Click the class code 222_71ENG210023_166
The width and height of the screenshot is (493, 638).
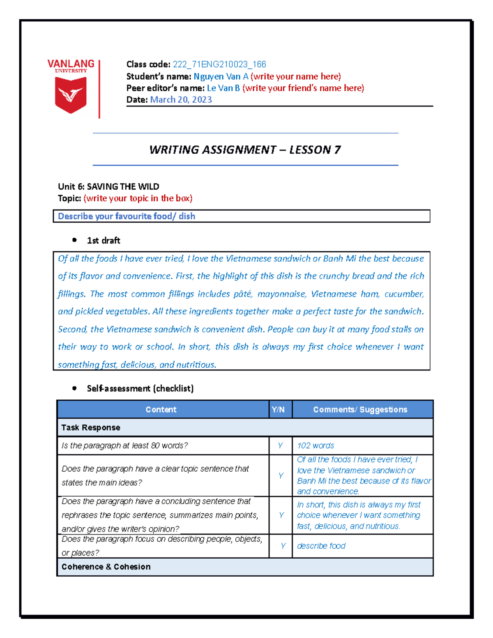tap(219, 64)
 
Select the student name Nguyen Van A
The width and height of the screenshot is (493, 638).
tap(221, 76)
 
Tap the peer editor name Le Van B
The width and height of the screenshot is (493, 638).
tap(223, 88)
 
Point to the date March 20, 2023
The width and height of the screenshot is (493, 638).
tap(181, 99)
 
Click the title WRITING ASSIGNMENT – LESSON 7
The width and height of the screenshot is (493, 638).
tap(245, 150)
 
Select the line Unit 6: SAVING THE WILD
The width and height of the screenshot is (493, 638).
tap(108, 187)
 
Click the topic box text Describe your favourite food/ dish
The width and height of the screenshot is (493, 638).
tap(127, 216)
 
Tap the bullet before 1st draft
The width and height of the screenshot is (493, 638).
tap(74, 240)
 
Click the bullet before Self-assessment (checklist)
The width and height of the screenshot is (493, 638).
tap(74, 388)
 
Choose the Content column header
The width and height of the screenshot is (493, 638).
tap(161, 410)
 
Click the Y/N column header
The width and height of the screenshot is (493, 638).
tap(278, 410)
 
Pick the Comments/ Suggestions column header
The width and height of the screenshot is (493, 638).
tap(360, 410)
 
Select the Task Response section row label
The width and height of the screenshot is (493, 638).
tap(91, 428)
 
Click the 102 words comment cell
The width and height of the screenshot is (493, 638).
tap(316, 446)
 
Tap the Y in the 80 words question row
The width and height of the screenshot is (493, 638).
tap(280, 446)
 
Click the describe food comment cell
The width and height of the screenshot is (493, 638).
tap(321, 546)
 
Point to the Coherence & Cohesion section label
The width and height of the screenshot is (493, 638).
tap(106, 567)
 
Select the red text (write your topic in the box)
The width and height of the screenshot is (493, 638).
tap(138, 198)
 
